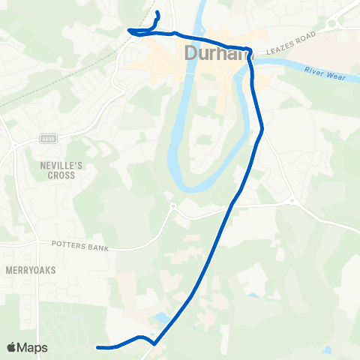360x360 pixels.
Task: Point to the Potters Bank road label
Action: tap(80, 245)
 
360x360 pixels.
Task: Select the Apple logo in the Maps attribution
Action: tap(12, 347)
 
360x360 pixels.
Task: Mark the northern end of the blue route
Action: tap(157, 13)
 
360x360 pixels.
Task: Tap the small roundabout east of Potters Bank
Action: tap(172, 207)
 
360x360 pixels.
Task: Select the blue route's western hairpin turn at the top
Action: tap(130, 31)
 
